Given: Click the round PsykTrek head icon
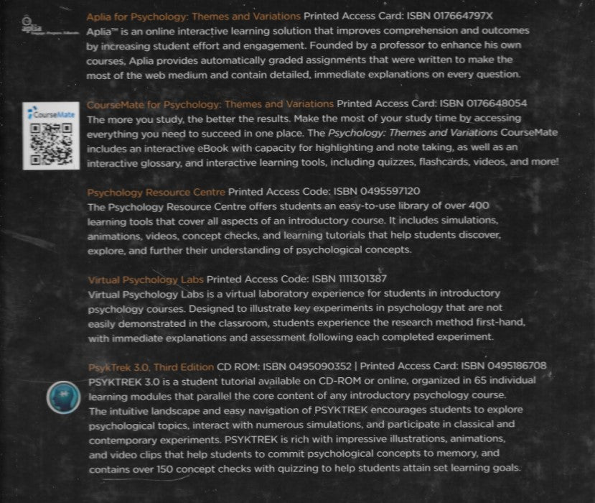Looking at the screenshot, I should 63,397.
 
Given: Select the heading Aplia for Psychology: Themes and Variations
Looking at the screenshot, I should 193,15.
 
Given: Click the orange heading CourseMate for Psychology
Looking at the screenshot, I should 210,104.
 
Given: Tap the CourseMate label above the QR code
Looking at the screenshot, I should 52,114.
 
